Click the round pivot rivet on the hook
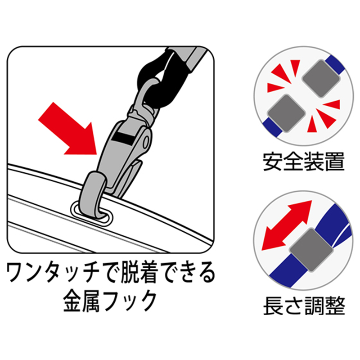[146, 142]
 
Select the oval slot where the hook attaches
[92, 213]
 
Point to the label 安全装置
[303, 162]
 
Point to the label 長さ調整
[304, 306]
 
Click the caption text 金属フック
[110, 301]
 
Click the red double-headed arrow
[287, 225]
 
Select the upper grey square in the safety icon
[321, 78]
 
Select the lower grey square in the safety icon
[286, 113]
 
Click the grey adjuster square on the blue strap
[311, 250]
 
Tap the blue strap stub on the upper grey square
[336, 65]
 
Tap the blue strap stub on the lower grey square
[273, 128]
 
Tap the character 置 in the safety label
[335, 162]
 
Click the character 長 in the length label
[273, 306]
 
